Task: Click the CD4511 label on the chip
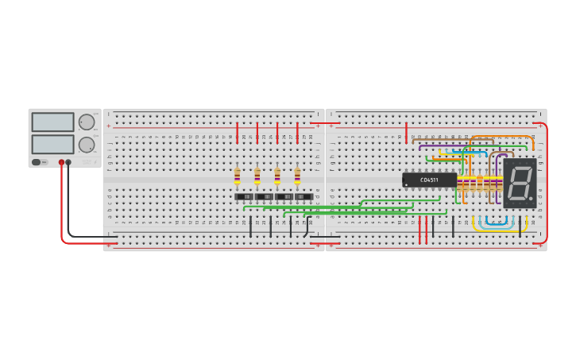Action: point(429,180)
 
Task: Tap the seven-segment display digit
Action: point(519,183)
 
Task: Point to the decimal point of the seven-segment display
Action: point(531,198)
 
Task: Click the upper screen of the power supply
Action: point(52,122)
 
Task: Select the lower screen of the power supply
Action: point(52,144)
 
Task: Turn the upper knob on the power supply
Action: point(86,122)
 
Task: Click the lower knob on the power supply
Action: point(86,145)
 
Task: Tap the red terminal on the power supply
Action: point(61,162)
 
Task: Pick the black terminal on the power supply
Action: point(68,162)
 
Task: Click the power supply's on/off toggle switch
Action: point(37,162)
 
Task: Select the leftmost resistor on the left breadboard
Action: point(237,176)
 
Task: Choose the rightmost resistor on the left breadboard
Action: point(297,176)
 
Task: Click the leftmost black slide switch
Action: point(245,196)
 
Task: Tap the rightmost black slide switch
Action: point(303,196)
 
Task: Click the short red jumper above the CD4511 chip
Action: point(406,132)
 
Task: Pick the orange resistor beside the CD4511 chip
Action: point(480,183)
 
